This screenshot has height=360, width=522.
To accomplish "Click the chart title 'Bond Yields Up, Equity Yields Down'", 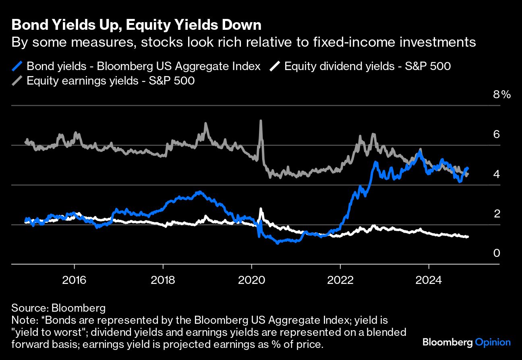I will point(137,25).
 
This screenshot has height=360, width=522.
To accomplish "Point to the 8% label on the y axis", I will point(501,95).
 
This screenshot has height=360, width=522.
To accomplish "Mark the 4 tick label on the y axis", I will point(497,174).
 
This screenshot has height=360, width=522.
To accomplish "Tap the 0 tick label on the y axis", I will point(497,253).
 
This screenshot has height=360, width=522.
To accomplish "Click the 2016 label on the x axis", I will point(75,279).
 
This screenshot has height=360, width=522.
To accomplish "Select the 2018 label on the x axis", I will point(163,279).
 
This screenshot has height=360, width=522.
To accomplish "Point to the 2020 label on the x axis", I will point(252,279).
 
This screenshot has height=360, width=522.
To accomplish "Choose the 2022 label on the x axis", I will point(340,279).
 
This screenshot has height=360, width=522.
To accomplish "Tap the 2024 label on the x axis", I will point(429,279).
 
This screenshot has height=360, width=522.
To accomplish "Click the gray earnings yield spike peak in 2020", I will point(261,120).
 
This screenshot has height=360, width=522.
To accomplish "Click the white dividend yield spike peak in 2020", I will point(261,209).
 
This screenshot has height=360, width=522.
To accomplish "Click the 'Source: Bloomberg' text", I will point(58,308).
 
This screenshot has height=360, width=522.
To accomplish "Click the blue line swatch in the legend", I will point(17,66).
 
